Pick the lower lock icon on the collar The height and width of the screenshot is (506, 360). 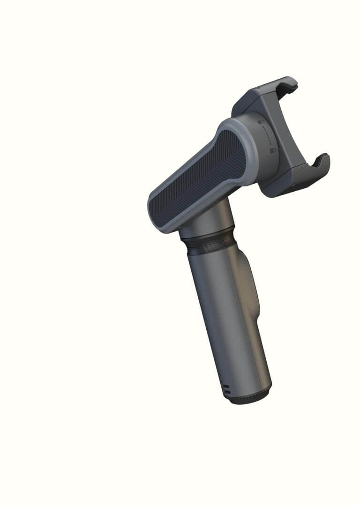pyautogui.click(x=272, y=151)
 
